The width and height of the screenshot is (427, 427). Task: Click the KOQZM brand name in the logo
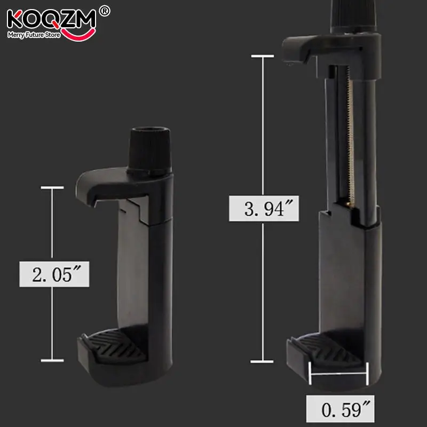tap(51, 20)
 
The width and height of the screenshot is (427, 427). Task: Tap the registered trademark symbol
tap(105, 11)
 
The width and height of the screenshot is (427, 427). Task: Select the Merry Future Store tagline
tap(34, 35)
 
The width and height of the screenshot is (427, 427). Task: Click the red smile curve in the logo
tap(78, 34)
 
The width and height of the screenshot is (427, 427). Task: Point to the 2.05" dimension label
tap(54, 274)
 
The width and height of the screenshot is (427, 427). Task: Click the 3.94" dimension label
tap(264, 208)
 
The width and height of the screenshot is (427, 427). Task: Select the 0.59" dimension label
tap(340, 409)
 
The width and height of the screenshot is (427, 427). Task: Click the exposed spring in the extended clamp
tap(350, 133)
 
